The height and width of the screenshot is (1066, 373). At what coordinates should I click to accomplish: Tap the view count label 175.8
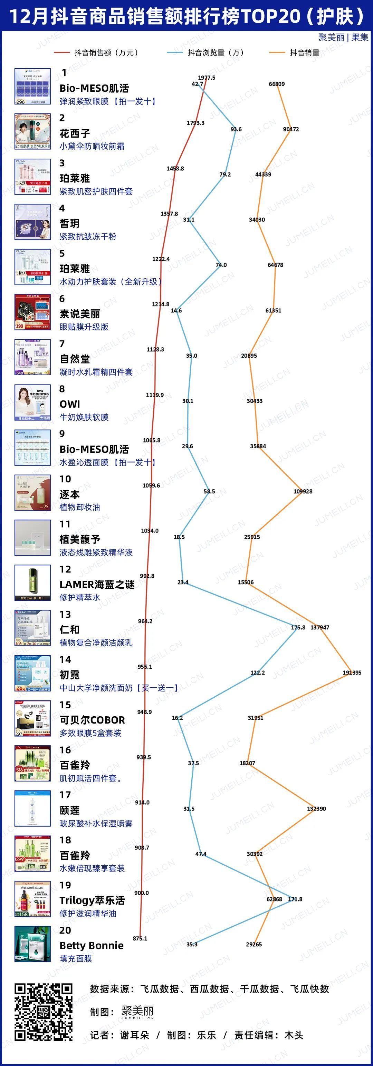tap(298, 627)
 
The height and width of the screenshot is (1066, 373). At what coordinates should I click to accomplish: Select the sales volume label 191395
tap(352, 673)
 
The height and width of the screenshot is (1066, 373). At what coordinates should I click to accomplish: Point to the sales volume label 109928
tap(303, 491)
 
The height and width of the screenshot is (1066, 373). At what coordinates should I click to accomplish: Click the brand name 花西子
tap(75, 134)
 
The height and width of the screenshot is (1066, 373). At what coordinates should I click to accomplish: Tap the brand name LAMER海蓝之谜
tap(97, 584)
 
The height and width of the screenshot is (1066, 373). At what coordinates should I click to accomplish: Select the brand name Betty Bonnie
tap(92, 945)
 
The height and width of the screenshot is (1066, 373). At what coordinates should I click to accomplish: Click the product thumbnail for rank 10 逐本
tap(33, 492)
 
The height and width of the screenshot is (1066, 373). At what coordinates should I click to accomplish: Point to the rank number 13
tap(65, 615)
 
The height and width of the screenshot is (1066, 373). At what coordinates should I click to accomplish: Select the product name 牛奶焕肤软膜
tap(84, 417)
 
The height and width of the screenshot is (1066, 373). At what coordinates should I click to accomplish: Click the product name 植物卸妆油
tap(79, 507)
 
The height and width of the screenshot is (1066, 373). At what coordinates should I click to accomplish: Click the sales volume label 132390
tap(316, 809)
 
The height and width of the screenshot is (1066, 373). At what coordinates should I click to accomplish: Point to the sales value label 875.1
tap(140, 938)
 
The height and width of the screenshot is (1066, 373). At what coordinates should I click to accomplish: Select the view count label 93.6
tap(236, 129)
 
